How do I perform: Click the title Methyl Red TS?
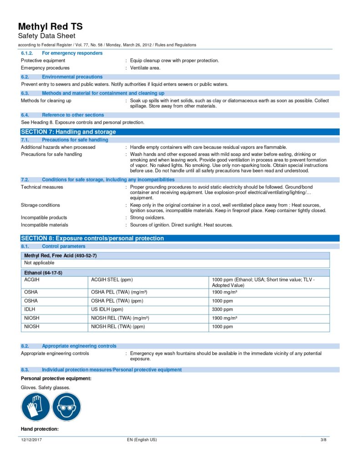point(51,26)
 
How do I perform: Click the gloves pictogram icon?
point(35,406)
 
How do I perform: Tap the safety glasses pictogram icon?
point(66,406)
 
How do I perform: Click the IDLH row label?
point(30,309)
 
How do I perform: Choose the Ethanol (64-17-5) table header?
point(43,273)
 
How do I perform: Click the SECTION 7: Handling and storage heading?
point(69,132)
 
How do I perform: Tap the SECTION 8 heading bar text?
point(92,238)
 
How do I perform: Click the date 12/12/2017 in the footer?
point(32,440)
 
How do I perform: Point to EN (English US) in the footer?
point(142,440)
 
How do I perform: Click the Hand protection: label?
point(40,429)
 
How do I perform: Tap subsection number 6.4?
point(25,115)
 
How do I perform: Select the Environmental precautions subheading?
point(72,77)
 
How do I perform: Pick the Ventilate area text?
point(145,68)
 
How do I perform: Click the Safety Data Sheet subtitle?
point(46,36)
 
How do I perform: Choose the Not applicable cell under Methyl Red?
point(39,263)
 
